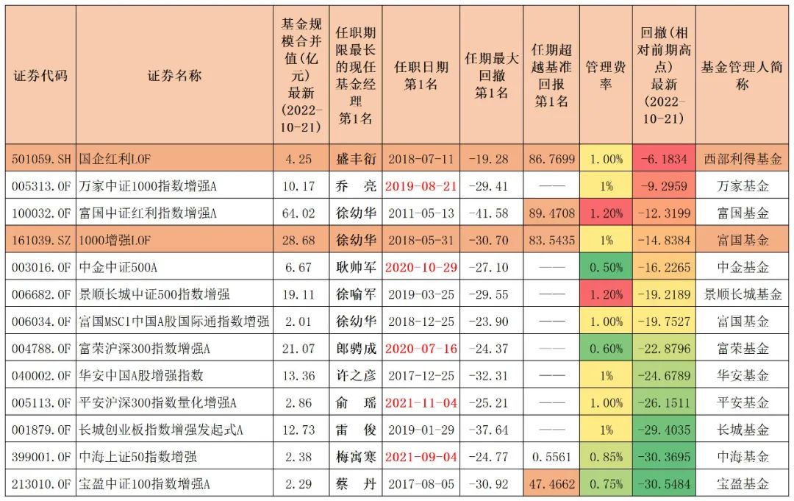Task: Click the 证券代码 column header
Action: tap(40, 75)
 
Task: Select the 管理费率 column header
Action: tap(606, 75)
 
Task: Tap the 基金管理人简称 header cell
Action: tap(742, 75)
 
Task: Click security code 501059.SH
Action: tap(40, 158)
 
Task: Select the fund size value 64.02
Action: tap(302, 213)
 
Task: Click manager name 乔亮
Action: tap(356, 186)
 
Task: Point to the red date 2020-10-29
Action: tap(421, 268)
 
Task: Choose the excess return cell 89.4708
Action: tap(551, 213)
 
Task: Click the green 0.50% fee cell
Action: tap(606, 268)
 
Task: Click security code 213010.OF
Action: tap(40, 484)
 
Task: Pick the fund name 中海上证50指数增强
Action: tap(138, 457)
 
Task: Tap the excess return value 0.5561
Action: tap(551, 457)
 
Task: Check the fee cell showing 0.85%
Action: tap(606, 457)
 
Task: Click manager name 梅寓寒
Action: tap(356, 457)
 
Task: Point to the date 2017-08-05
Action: tap(421, 484)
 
